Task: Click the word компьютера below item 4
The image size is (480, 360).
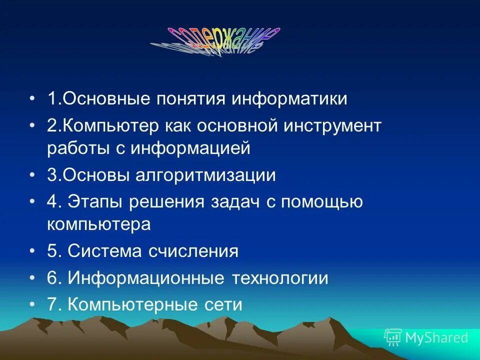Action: click(x=98, y=224)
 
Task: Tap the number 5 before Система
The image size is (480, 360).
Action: click(x=52, y=251)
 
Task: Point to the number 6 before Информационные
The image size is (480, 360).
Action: click(x=52, y=278)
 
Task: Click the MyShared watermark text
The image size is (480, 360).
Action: click(x=436, y=338)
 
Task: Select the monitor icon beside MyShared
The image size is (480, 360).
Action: click(x=392, y=337)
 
